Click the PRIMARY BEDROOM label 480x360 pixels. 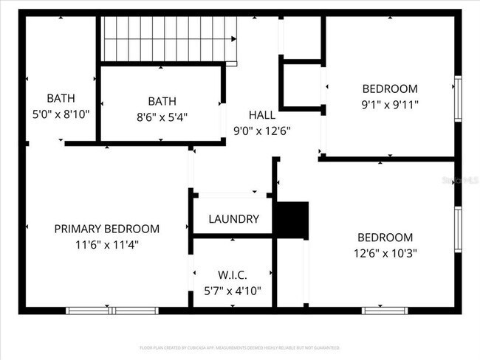(106, 229)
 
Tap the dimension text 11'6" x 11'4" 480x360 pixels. (106, 243)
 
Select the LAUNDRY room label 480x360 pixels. (233, 219)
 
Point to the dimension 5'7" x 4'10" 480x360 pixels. (233, 291)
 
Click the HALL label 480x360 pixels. (261, 115)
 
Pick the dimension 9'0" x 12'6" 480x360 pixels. (261, 131)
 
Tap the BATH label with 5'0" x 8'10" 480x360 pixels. (61, 98)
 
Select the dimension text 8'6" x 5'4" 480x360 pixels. (162, 117)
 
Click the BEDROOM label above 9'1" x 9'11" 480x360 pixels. (390, 89)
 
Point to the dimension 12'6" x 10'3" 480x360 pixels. (384, 254)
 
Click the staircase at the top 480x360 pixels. (168, 41)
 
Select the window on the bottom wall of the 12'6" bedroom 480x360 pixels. (385, 311)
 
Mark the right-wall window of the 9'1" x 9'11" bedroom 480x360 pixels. (458, 99)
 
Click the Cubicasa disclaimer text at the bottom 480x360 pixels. (239, 347)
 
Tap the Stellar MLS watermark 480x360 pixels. (459, 179)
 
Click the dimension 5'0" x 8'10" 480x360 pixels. (61, 114)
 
